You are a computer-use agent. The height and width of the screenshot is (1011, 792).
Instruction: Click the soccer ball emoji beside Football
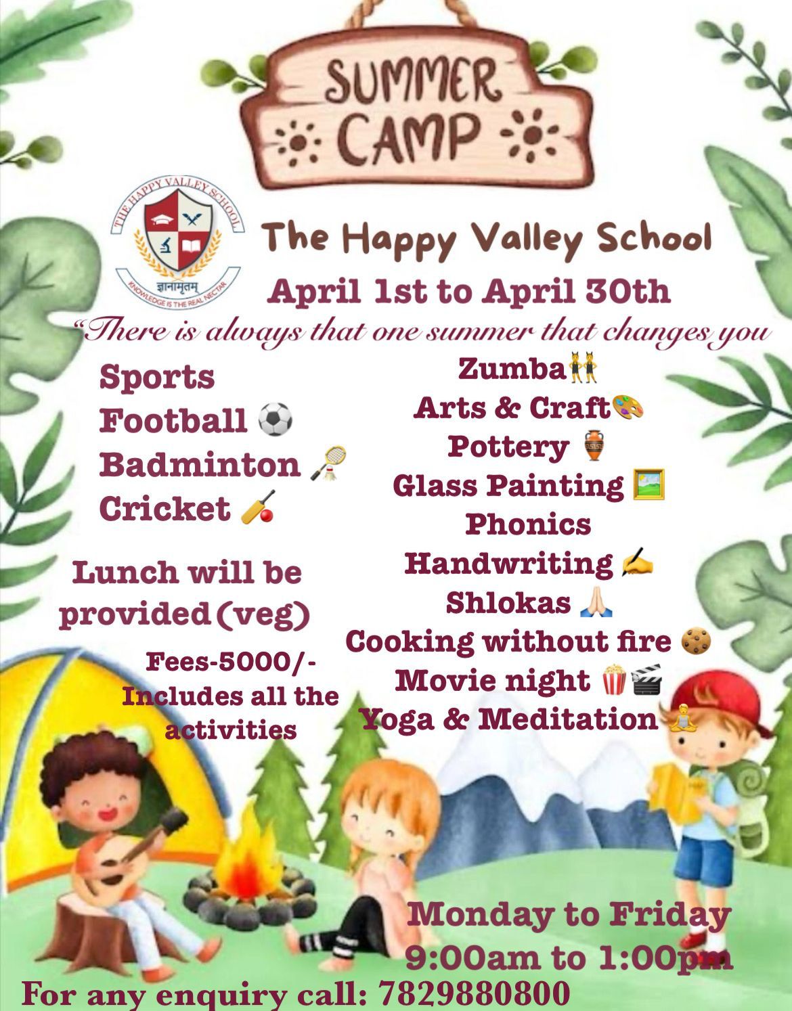tap(275, 419)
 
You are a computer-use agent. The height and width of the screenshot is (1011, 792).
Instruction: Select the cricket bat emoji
tap(257, 508)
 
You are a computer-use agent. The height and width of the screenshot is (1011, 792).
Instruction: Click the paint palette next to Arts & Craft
tap(628, 407)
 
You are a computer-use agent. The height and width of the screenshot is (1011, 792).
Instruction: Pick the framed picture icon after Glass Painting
tap(648, 485)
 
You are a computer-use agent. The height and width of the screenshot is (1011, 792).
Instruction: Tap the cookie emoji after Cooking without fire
tap(696, 642)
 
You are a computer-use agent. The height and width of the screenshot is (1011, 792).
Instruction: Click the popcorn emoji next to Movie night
tap(614, 679)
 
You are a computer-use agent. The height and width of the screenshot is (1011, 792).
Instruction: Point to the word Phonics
tap(528, 524)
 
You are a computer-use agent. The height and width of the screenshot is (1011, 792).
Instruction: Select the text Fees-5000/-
tap(231, 662)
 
